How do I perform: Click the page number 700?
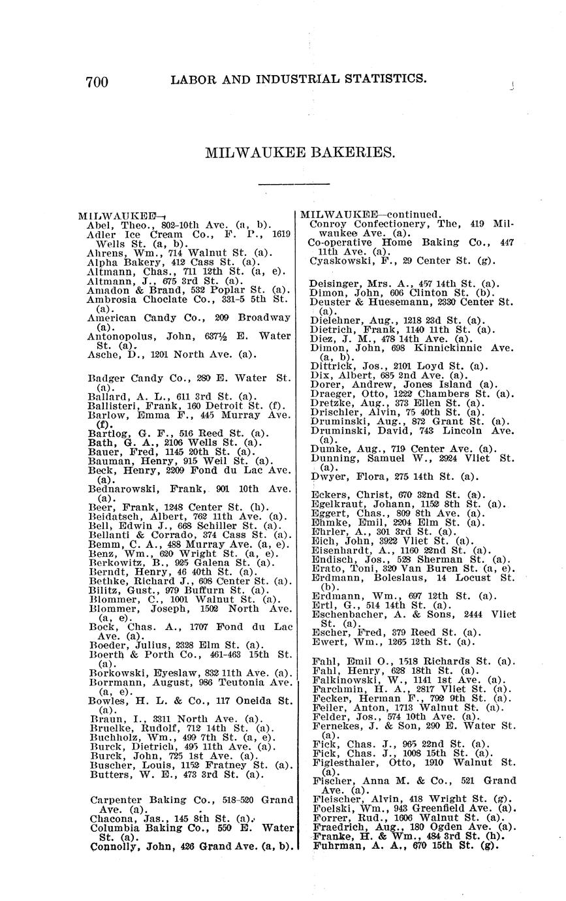pos(97,82)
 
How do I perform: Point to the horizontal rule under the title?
pos(294,185)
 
